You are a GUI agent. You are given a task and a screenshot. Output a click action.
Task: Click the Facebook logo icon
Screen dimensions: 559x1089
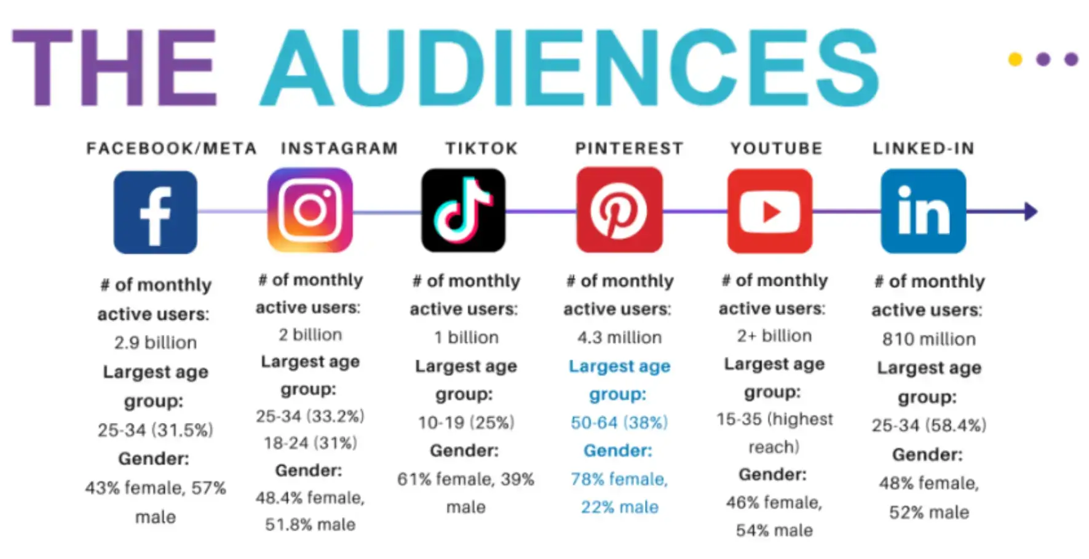[156, 212]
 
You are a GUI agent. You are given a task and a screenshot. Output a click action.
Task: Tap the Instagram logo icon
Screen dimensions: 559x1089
[310, 210]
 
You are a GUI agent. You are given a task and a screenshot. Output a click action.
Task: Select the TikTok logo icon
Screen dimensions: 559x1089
[464, 211]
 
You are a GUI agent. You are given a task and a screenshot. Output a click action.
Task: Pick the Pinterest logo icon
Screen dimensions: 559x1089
[619, 211]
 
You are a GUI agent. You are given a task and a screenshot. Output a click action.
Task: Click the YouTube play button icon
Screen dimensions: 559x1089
[770, 211]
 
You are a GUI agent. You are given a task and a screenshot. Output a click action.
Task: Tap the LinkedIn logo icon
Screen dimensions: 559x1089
[923, 211]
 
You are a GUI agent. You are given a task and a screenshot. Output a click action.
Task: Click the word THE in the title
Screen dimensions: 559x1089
[115, 68]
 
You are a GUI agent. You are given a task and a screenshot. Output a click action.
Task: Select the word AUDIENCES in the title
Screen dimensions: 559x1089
[569, 68]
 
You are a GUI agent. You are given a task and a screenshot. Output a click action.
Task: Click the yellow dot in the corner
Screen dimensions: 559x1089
[1015, 59]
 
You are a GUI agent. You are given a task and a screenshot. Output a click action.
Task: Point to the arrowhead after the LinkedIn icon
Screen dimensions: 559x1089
[1031, 211]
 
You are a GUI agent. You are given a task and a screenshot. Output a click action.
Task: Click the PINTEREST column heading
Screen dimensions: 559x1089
[629, 148]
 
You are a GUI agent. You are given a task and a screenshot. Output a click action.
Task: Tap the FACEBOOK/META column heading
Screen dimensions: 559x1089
[172, 148]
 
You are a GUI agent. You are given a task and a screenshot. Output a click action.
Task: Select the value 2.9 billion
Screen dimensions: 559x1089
[156, 342]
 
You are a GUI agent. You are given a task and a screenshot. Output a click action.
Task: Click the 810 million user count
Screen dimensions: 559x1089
[929, 339]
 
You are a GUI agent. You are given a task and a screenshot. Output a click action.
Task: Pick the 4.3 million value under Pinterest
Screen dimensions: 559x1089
[619, 337]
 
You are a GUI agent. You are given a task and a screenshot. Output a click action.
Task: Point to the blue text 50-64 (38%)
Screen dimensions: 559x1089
[619, 423]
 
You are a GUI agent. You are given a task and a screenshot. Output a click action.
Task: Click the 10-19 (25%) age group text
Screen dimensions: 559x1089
[466, 423]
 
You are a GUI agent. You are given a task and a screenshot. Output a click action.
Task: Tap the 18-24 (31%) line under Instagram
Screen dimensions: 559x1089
[310, 443]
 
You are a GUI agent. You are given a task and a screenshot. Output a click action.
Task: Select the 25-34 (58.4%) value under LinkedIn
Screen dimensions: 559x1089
[929, 425]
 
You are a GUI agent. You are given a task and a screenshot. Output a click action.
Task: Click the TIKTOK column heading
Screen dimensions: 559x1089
[481, 148]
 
